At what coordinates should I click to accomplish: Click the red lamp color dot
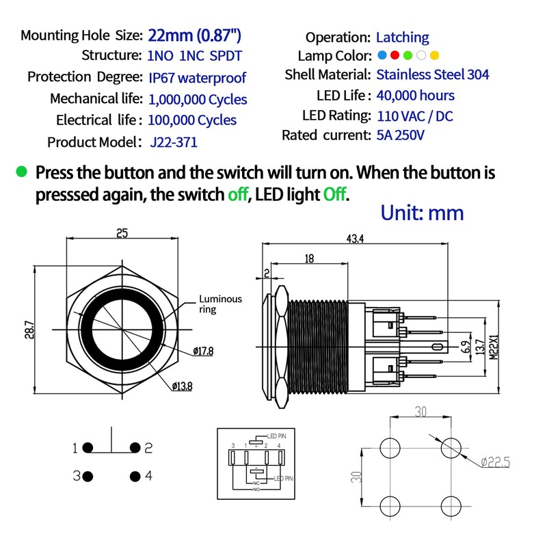click(x=395, y=55)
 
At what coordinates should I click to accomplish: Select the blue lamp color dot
click(x=382, y=55)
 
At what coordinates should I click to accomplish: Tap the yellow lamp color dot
click(x=434, y=55)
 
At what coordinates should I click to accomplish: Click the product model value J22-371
click(x=174, y=142)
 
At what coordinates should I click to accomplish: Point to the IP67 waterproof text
click(x=198, y=78)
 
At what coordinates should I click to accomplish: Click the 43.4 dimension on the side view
click(x=355, y=239)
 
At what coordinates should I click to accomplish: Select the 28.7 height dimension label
click(x=29, y=330)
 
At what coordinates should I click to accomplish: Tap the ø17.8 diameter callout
click(x=203, y=351)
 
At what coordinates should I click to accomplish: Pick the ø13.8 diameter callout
click(x=182, y=386)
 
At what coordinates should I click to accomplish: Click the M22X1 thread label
click(x=494, y=347)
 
